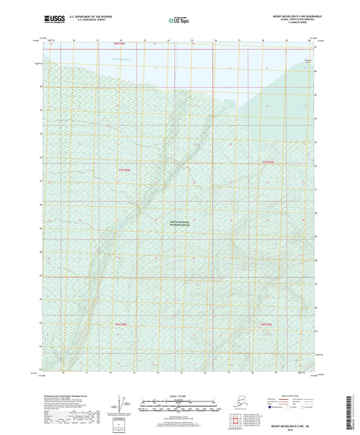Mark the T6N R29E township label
(268, 325)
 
